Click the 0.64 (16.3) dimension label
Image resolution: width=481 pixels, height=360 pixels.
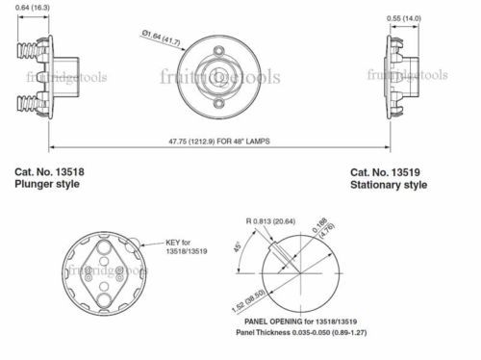point(33,7)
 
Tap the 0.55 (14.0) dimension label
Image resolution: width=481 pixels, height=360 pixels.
point(404,18)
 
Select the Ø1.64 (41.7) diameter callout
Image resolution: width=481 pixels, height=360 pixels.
point(161,37)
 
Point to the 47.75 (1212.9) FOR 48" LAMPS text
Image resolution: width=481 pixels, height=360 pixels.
point(219,141)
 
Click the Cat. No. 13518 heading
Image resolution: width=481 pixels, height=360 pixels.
point(49,172)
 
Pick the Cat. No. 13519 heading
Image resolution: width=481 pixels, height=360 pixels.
point(385,172)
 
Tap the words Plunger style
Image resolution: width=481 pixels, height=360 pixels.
point(47,184)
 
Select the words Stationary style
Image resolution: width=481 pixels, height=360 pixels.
point(389,185)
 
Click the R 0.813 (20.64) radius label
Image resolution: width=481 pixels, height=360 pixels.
point(270,221)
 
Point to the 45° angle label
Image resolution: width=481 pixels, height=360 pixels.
point(238,246)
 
